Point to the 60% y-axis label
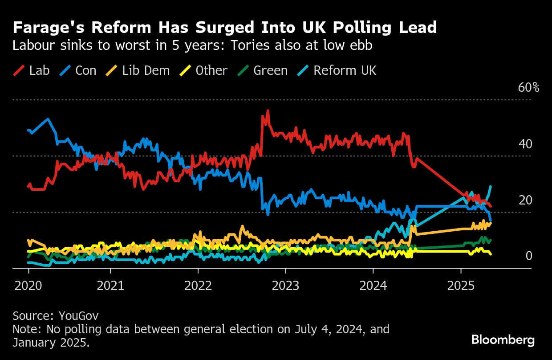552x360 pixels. tap(528, 88)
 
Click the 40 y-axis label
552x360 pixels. tap(525, 144)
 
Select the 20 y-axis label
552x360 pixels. tap(525, 200)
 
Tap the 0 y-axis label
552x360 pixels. tap(529, 256)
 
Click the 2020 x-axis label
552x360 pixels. tap(28, 285)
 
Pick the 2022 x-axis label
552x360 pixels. tap(198, 285)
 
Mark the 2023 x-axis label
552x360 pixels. tap(285, 285)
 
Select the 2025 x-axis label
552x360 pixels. tap(460, 285)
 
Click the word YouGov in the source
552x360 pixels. tap(79, 316)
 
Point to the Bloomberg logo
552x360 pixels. tap(503, 340)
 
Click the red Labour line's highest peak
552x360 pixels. tap(268, 110)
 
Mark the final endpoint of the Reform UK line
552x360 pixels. tap(491, 186)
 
